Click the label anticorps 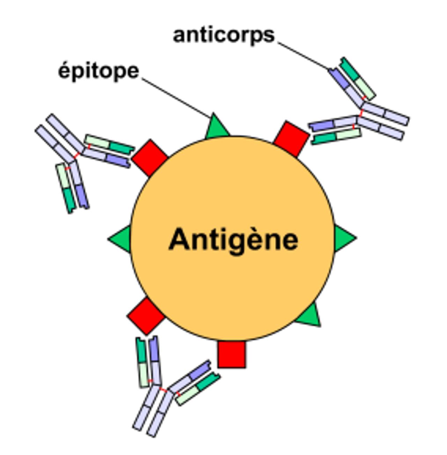[x=224, y=36]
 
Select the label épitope [x=99, y=72]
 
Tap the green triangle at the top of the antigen [x=217, y=126]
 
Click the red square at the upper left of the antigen [x=150, y=158]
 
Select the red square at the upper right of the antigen [x=291, y=139]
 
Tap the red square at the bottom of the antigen [x=232, y=354]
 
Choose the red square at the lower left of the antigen [x=146, y=316]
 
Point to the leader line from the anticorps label [x=303, y=56]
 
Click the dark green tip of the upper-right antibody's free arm [x=351, y=69]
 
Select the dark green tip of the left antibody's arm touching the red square [x=122, y=148]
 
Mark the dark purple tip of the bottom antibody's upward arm [x=154, y=348]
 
